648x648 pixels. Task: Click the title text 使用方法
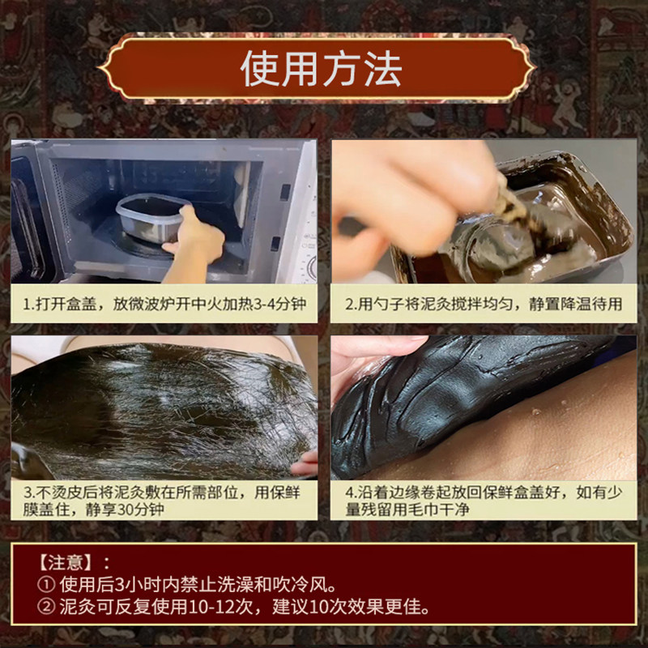tap(321, 69)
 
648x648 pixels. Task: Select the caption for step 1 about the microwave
tap(164, 305)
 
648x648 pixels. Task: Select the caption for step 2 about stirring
tap(484, 305)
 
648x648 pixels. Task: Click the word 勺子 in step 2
tap(389, 305)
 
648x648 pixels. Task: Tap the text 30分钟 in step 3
tap(140, 509)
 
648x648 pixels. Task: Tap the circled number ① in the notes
tap(46, 585)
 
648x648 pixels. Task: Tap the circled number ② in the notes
tap(46, 607)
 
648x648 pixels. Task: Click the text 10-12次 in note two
tap(220, 607)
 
